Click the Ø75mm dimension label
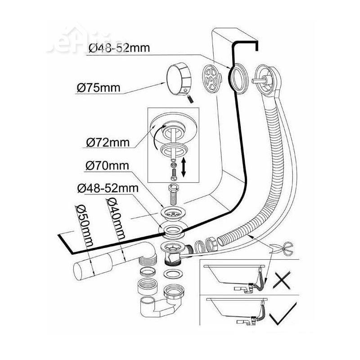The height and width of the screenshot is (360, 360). coord(98,87)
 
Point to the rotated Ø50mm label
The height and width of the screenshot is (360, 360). coord(85,225)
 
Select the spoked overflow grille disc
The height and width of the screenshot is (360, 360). coord(211,78)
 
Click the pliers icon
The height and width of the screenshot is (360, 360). coord(282,247)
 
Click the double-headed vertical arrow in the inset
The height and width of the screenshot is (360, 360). coord(184,167)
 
